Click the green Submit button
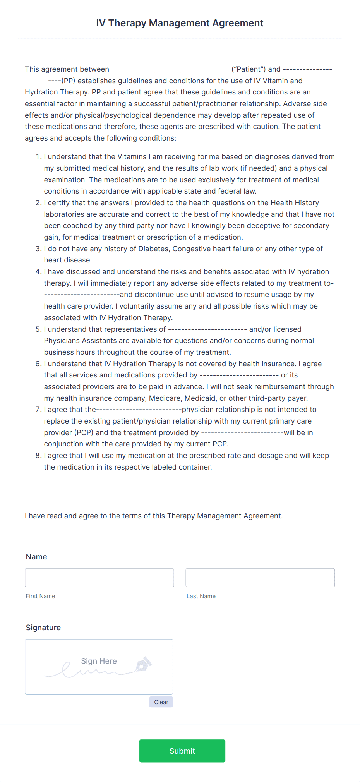182,751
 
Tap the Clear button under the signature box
161,702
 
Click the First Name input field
99,578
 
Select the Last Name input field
260,578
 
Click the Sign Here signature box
99,666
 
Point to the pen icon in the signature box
143,664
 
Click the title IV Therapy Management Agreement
180,23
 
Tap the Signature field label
43,628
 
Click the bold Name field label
36,557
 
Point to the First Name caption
41,596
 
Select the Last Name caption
201,596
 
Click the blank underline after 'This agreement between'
169,70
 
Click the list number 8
38,455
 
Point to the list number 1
38,156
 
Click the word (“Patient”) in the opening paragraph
249,69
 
